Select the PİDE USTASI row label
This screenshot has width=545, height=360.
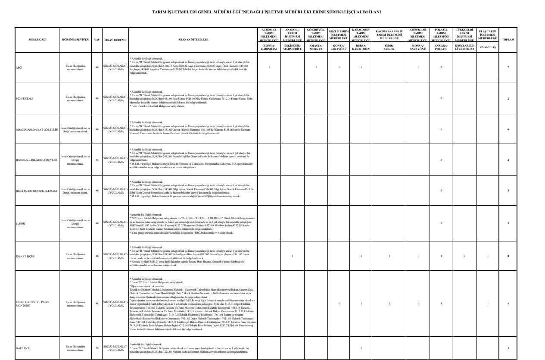(24, 99)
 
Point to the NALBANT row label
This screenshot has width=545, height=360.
(22, 347)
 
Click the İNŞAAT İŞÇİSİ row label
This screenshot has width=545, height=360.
(25, 256)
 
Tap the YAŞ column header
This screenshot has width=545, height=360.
(97, 40)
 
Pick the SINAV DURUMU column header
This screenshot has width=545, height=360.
(115, 40)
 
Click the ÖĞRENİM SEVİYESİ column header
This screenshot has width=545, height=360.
(75, 40)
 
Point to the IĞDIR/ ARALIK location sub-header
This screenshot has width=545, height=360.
(389, 47)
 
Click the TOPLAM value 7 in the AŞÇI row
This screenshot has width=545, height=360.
(508, 67)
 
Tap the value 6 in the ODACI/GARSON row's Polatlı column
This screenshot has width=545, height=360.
(441, 130)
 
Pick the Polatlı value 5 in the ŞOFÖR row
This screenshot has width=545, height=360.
(441, 223)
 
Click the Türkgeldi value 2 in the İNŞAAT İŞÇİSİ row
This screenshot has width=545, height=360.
(464, 256)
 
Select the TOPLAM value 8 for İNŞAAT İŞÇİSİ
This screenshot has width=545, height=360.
(508, 256)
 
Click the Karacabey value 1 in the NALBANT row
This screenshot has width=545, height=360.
(361, 347)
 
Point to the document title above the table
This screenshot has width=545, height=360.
(272, 13)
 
